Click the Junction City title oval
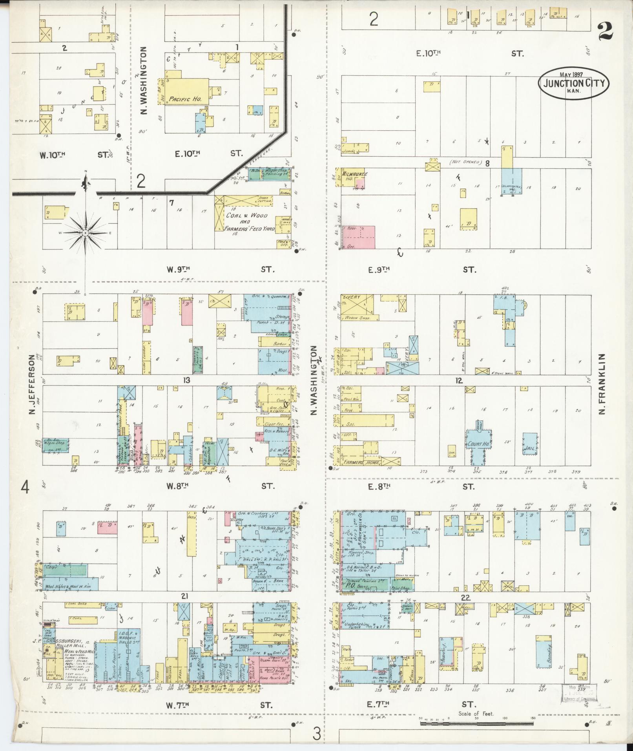click(573, 84)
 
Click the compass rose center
click(85, 233)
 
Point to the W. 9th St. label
click(179, 269)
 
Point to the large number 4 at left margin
click(25, 489)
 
